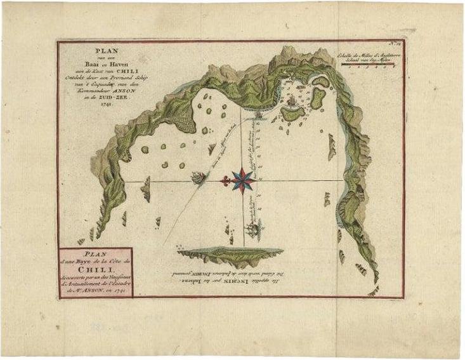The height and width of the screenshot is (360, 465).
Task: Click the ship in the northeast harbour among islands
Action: coord(290,100)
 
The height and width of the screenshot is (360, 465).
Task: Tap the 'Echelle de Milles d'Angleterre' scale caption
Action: coord(371,55)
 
